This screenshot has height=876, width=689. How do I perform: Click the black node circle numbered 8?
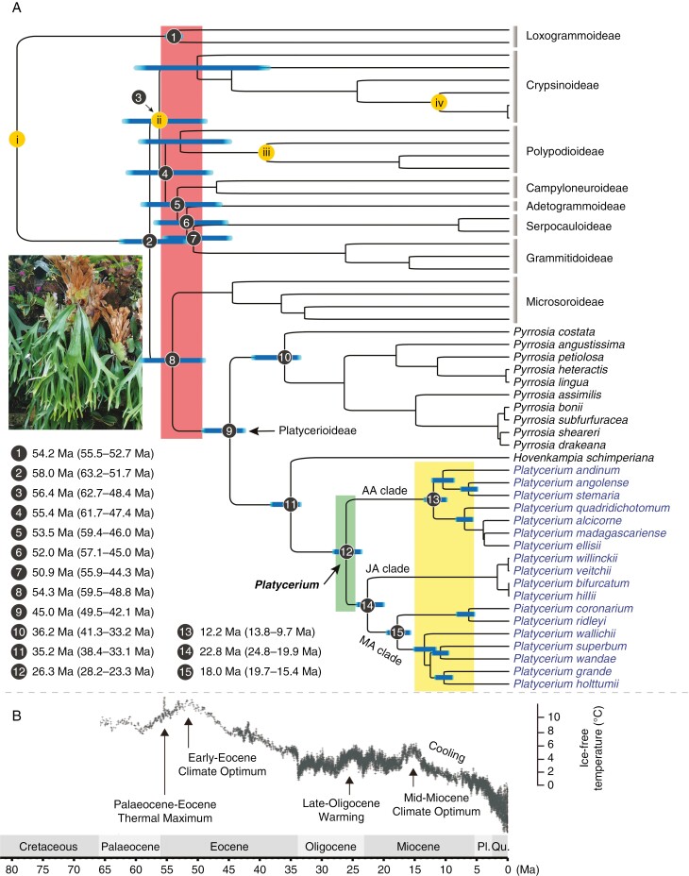pos(172,360)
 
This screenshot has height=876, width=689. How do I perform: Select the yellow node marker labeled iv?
pos(437,101)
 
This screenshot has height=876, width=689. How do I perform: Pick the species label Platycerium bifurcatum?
pos(560,585)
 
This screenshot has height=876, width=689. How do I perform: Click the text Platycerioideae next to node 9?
pos(319,430)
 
